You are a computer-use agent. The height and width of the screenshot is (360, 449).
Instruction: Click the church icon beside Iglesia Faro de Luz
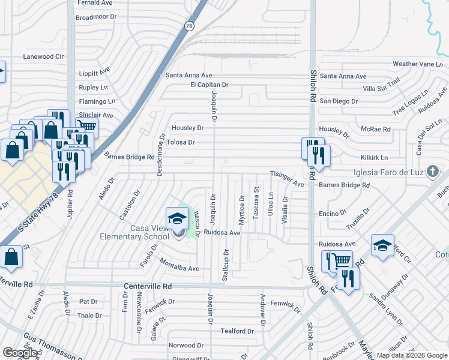(432, 173)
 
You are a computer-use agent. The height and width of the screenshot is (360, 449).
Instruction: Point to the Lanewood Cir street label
(43, 56)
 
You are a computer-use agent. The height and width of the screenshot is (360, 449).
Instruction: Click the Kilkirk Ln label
(374, 157)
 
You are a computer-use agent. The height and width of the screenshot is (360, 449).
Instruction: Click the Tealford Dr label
(237, 331)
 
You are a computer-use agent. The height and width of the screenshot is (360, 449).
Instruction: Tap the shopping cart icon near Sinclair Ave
(86, 127)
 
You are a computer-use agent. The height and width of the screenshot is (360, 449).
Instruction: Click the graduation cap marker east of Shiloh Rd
(382, 245)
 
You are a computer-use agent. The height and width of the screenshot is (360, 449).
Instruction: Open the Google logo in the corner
(20, 353)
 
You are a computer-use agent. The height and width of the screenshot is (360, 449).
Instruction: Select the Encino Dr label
(333, 213)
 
